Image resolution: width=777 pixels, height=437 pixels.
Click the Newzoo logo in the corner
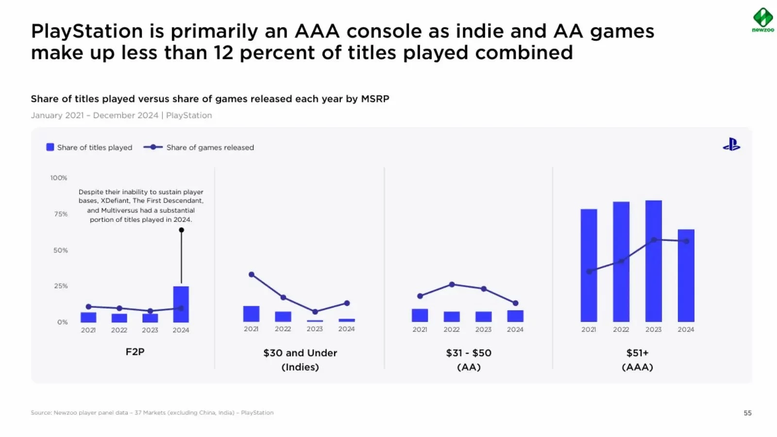[x=762, y=20]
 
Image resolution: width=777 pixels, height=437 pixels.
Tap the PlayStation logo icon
[x=731, y=145]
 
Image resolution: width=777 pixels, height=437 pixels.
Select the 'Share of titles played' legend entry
[x=89, y=148]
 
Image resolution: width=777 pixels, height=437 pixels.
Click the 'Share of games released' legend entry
[x=199, y=148]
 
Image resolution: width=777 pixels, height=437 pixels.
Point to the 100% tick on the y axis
[x=59, y=178]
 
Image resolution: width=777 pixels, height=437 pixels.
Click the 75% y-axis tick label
[x=61, y=214]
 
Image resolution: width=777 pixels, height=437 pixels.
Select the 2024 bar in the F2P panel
[x=181, y=304]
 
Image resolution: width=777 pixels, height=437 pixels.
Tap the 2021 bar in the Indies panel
[x=251, y=314]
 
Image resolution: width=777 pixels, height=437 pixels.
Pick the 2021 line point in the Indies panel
[x=252, y=275]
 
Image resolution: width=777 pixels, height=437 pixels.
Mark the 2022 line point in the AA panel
[x=452, y=285]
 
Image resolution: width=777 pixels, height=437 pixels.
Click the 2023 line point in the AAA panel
[x=654, y=240]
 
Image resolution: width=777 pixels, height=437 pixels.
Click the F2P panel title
[x=135, y=352]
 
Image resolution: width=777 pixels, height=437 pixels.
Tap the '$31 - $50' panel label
[x=469, y=353]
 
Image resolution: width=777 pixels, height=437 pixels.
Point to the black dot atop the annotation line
[x=181, y=230]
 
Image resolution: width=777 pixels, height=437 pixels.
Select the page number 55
[x=747, y=413]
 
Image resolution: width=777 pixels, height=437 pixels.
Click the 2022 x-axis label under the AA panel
[x=452, y=330]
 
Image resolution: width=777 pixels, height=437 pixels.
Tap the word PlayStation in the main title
[x=87, y=32]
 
